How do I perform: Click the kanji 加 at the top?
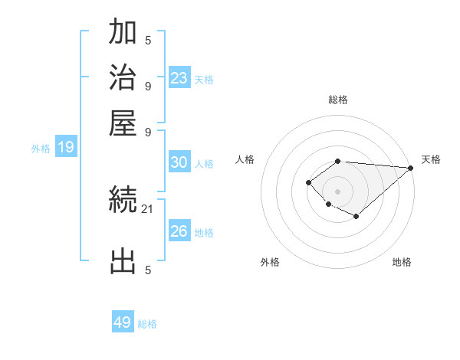pos(123,34)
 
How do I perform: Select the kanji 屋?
pos(123,123)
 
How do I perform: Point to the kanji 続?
pos(123,201)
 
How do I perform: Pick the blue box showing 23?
pos(179,77)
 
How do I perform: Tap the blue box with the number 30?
pos(179,162)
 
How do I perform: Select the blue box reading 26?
pos(179,231)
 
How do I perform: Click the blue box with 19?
pos(66,147)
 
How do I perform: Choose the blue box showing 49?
pos(123,322)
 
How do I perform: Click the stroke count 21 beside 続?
pos(148,208)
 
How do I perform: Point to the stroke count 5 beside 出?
pos(148,270)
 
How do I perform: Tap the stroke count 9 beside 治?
pos(148,86)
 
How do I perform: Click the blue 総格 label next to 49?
pos(147,324)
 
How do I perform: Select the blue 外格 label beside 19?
pos(41,149)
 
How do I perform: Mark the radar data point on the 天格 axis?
pos(410,168)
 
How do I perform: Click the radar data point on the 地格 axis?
pos(356,217)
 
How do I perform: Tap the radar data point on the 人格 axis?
pos(308,182)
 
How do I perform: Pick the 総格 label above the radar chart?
pos(337,100)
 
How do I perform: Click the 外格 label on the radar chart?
pos(271,263)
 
